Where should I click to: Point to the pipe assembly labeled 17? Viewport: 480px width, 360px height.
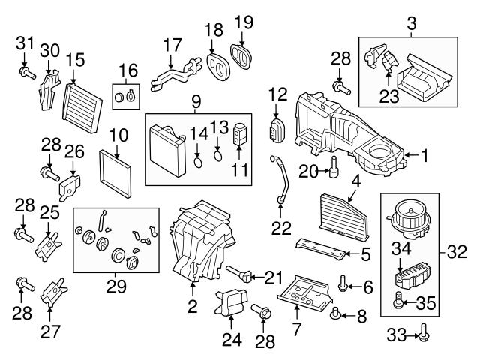(175, 70)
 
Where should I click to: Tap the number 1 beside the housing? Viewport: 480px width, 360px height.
(424, 157)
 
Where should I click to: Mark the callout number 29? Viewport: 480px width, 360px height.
(116, 286)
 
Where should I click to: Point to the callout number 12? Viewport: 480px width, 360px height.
(278, 95)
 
